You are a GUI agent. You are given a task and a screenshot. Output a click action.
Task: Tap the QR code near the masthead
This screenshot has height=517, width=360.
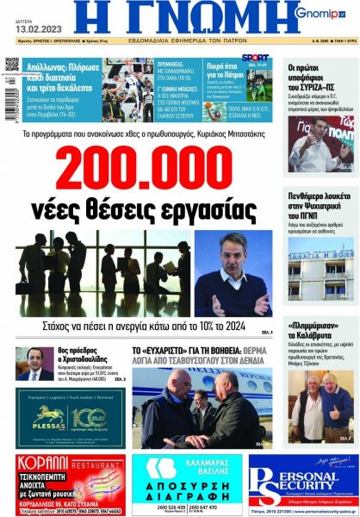(11, 65)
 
